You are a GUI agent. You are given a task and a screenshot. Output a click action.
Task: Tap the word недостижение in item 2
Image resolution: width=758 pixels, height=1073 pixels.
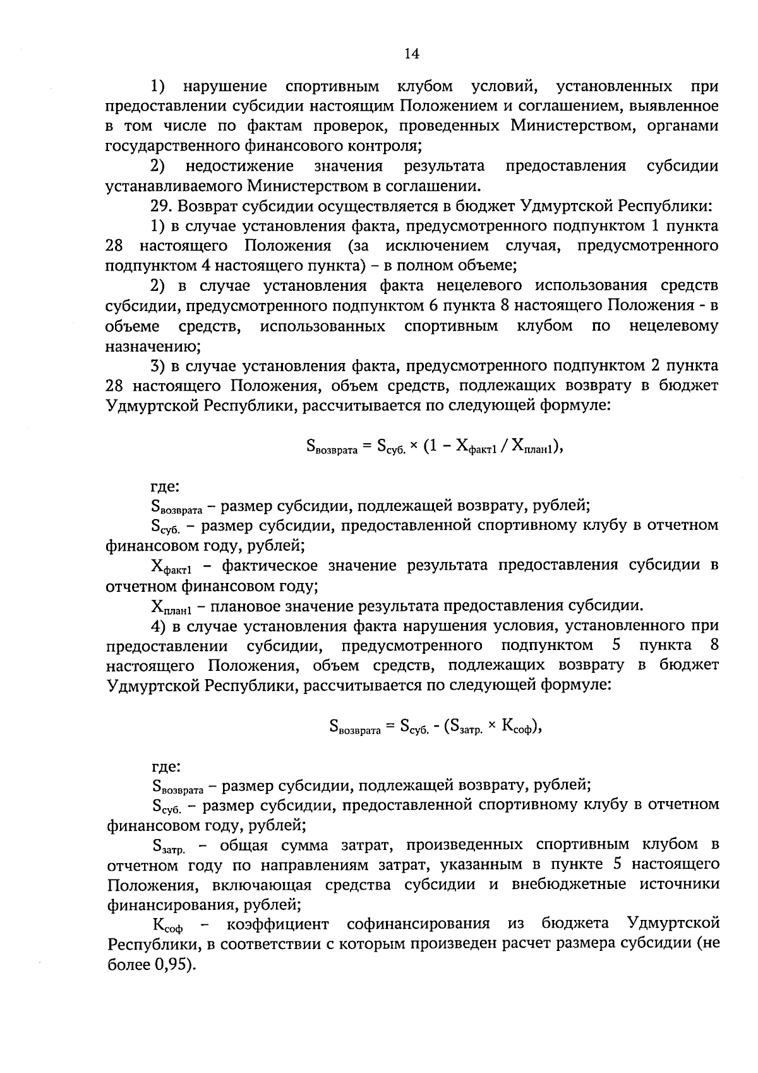click(x=239, y=166)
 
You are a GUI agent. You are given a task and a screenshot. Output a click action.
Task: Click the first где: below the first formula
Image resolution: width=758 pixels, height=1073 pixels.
click(x=165, y=487)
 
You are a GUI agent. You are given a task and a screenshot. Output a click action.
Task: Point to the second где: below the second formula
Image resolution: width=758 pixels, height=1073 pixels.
click(x=166, y=767)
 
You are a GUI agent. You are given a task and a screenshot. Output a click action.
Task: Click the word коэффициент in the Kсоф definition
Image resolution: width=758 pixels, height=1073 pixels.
click(x=278, y=924)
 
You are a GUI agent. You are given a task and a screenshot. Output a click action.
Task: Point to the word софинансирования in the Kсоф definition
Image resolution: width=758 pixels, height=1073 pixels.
click(x=418, y=924)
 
